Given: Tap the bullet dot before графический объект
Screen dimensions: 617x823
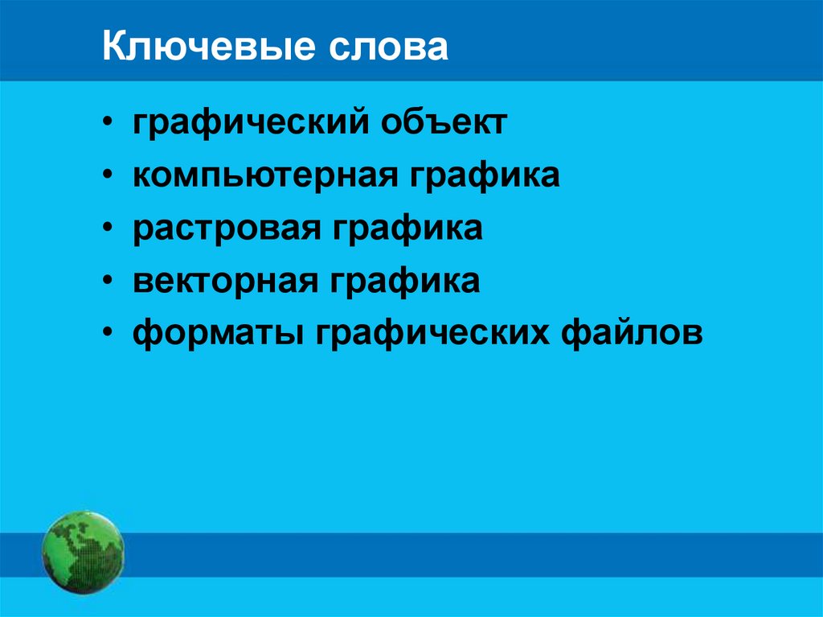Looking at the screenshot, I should click(x=109, y=125).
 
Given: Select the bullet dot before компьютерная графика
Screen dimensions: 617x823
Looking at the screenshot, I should click(x=109, y=177).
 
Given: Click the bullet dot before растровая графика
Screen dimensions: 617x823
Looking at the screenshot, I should click(x=109, y=229).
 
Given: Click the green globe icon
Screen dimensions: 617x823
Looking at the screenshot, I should click(x=83, y=553).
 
